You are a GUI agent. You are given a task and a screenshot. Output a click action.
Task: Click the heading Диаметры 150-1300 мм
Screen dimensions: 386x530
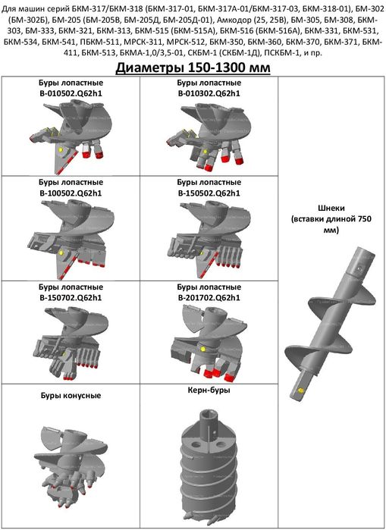(x=193, y=68)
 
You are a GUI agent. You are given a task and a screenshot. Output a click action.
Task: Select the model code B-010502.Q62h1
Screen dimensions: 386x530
(x=71, y=93)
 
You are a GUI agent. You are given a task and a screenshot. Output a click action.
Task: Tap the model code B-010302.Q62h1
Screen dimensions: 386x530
(x=209, y=93)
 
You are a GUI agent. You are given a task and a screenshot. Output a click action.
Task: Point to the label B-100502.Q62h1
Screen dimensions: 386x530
(x=71, y=193)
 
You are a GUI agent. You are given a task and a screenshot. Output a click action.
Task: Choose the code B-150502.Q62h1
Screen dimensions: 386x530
(x=209, y=193)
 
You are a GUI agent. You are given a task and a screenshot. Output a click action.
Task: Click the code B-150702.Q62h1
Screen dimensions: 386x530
(x=71, y=298)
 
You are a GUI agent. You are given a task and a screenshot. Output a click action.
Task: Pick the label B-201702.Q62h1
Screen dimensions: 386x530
(x=209, y=298)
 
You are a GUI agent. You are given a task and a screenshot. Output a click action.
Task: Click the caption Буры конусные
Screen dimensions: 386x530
(x=71, y=395)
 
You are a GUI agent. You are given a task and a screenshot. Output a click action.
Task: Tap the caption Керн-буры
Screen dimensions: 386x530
(x=209, y=390)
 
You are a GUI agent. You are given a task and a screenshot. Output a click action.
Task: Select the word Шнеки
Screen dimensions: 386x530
(x=331, y=208)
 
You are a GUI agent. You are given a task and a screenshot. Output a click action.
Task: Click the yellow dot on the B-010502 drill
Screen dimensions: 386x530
(x=61, y=149)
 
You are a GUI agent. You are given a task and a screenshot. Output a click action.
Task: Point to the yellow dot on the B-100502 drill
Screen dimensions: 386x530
(x=61, y=252)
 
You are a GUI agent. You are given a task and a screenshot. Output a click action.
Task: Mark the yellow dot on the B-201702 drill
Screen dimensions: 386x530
(x=202, y=349)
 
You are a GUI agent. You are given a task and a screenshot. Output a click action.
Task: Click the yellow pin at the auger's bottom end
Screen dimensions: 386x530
(x=300, y=390)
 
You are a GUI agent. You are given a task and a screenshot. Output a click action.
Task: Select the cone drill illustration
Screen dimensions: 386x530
(x=71, y=466)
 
